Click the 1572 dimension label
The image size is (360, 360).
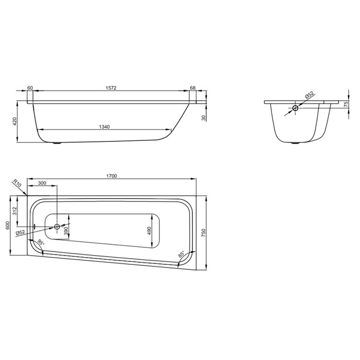click(x=111, y=88)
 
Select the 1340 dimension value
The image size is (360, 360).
click(x=104, y=127)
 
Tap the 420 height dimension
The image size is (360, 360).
click(x=14, y=121)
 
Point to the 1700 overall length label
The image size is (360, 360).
click(x=112, y=176)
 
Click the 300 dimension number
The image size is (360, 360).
click(x=42, y=183)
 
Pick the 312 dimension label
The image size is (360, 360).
click(x=14, y=211)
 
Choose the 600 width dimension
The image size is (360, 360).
click(x=7, y=225)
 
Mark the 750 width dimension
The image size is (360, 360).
click(x=204, y=233)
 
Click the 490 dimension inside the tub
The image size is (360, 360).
click(x=149, y=231)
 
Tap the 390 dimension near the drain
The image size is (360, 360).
click(x=66, y=231)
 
